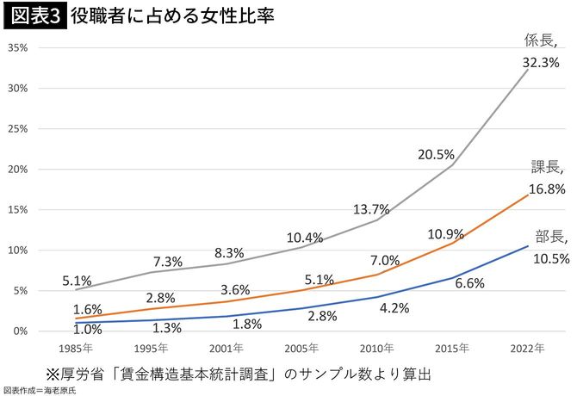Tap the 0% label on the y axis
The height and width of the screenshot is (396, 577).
point(22,331)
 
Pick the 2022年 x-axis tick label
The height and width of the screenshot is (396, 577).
point(527,350)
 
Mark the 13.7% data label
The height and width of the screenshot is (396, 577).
point(371,209)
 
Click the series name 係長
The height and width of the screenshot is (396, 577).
point(542,40)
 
